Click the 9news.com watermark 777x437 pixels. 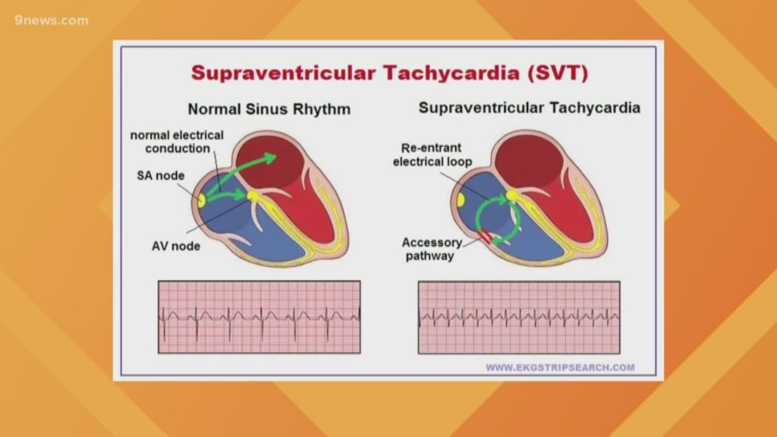coord(51,20)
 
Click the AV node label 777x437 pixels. coord(175,246)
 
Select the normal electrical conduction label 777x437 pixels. coord(177,141)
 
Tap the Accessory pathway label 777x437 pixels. coord(431,249)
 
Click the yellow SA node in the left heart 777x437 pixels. coord(201,201)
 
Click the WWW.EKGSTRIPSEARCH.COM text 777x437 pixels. coord(560,368)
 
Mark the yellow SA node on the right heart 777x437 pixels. coord(460,200)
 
